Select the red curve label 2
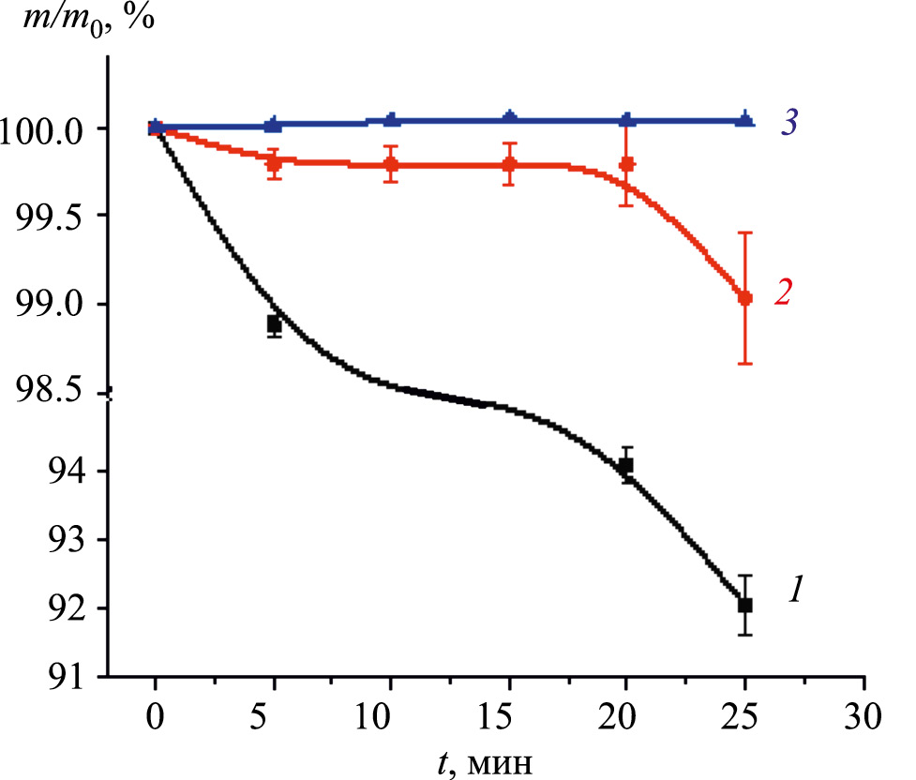pos(784,292)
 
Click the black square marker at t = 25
pos(745,605)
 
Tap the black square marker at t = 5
pos(274,324)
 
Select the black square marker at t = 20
pos(626,465)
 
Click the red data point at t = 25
pos(745,298)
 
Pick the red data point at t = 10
pos(392,165)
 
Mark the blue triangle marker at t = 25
pos(745,119)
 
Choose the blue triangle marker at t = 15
pos(510,117)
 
